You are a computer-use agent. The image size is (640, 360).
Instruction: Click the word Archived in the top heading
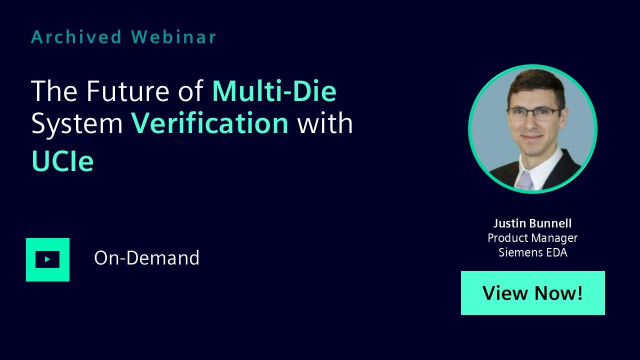pyautogui.click(x=76, y=37)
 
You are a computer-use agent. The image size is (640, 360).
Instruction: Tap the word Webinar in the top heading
pyautogui.click(x=173, y=37)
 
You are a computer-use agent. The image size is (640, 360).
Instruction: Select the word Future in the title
pyautogui.click(x=127, y=91)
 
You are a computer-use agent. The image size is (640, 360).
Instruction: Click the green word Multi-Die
pyautogui.click(x=274, y=91)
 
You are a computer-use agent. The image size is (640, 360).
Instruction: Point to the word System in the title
pyautogui.click(x=77, y=124)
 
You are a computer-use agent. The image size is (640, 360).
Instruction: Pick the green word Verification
pyautogui.click(x=209, y=123)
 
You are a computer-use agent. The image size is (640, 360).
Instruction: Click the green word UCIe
pyautogui.click(x=62, y=161)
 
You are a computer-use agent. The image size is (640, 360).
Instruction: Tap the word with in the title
pyautogui.click(x=325, y=123)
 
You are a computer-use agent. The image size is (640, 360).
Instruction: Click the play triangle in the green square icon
pyautogui.click(x=47, y=259)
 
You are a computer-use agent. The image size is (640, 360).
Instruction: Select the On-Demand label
pyautogui.click(x=146, y=257)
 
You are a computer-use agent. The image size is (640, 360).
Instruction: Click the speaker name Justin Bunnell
pyautogui.click(x=532, y=223)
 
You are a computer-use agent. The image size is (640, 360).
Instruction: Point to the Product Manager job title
pyautogui.click(x=532, y=238)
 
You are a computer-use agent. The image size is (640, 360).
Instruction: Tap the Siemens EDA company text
pyautogui.click(x=533, y=252)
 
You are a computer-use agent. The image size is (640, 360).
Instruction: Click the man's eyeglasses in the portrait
pyautogui.click(x=533, y=113)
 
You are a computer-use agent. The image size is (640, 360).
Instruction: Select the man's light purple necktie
pyautogui.click(x=524, y=180)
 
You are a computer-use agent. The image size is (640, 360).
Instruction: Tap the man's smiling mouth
pyautogui.click(x=532, y=137)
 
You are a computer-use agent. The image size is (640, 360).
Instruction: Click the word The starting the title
pyautogui.click(x=54, y=91)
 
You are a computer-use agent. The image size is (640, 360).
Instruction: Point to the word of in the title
pyautogui.click(x=190, y=91)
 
